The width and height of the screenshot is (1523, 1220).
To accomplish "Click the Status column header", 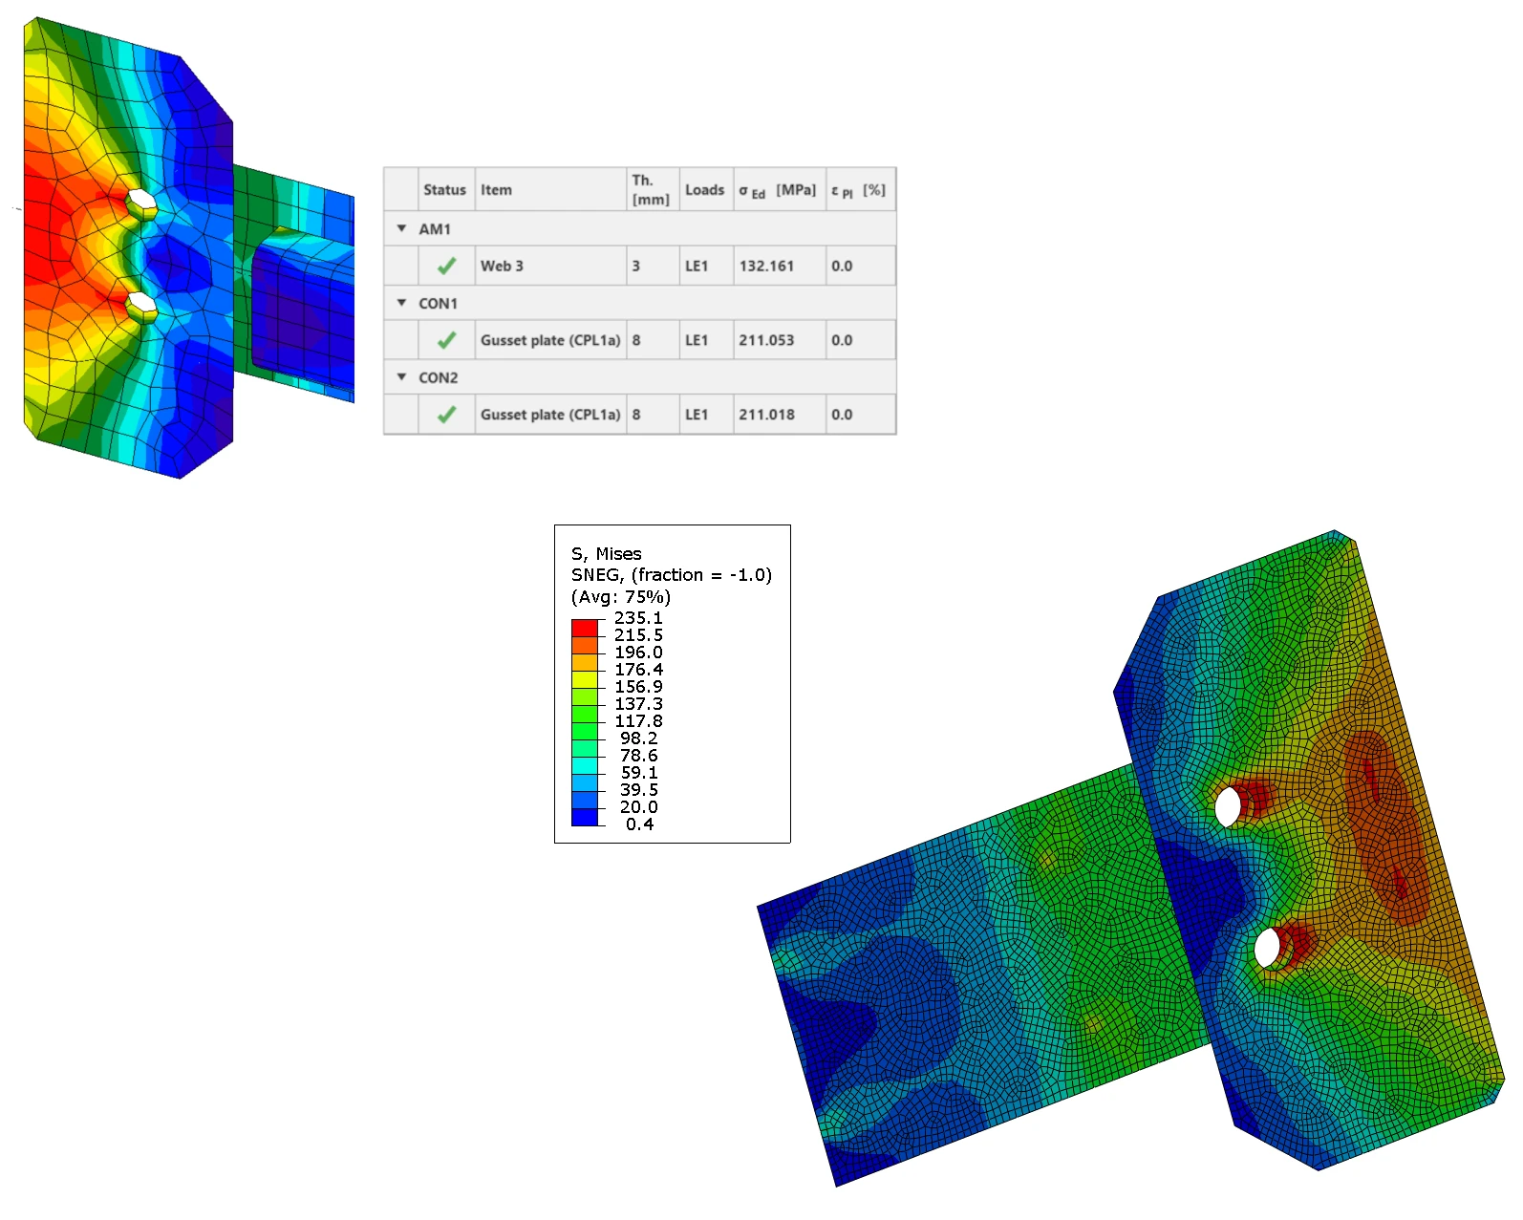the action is point(443,190).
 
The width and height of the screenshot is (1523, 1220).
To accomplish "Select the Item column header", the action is point(495,190).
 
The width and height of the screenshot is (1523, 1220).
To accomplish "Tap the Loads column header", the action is point(704,190).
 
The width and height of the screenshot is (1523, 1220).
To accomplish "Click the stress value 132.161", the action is point(765,267).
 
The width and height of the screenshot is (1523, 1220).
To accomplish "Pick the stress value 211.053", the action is point(765,340).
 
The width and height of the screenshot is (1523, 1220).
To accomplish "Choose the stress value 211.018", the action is point(765,415).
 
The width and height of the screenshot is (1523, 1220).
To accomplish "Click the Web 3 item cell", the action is point(502,267).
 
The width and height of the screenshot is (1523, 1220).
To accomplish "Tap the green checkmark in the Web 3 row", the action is point(446,267).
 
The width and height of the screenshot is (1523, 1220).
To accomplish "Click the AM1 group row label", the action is point(434,229).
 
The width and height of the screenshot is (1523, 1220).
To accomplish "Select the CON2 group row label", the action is point(438,378).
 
